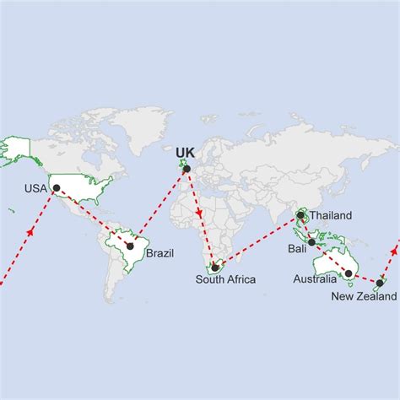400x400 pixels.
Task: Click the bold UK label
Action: pos(184,153)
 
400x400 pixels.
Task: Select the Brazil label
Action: pos(160,252)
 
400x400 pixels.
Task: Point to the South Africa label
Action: pos(225,279)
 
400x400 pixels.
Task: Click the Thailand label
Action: pos(330,215)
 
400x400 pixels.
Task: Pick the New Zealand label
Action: pos(363,295)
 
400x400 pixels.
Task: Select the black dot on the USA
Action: pos(57,188)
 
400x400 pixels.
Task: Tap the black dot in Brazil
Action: pos(130,246)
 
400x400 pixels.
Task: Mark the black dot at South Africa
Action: pos(215,268)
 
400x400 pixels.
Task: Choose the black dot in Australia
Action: pos(349,273)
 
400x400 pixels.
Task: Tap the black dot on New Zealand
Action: pos(381,283)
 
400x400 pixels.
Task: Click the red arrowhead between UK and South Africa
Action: pos(199,214)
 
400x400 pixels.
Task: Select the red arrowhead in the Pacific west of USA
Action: pos(30,230)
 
